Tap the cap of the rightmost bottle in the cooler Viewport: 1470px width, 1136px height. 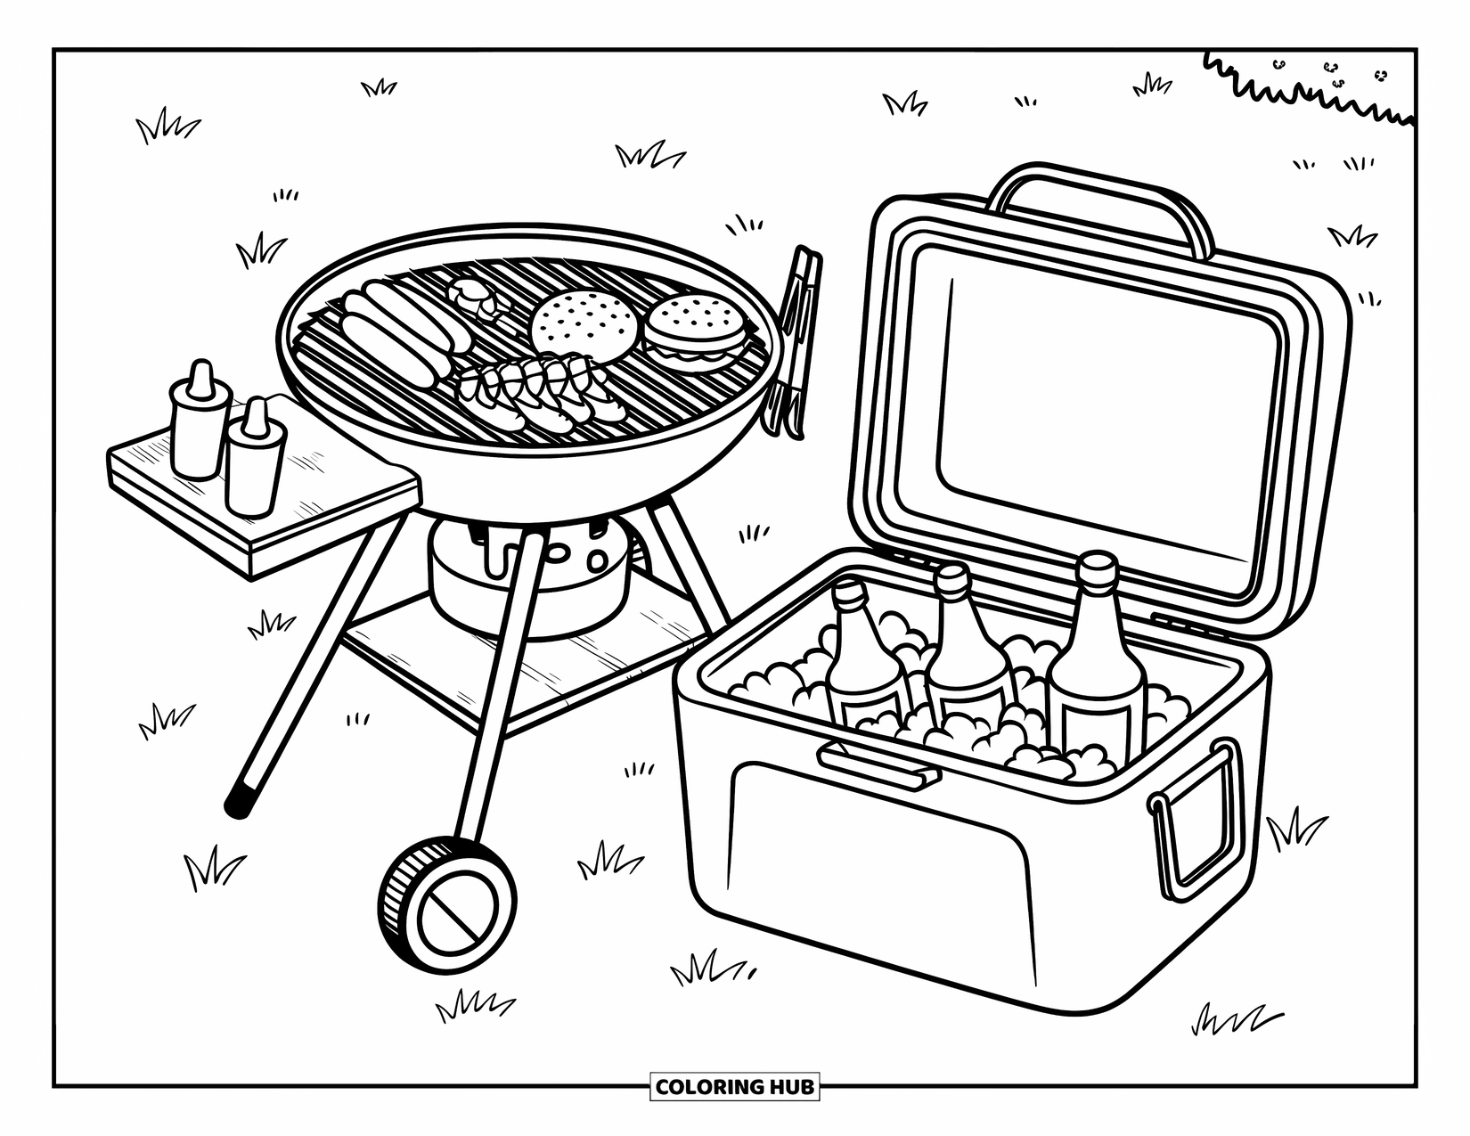(1097, 567)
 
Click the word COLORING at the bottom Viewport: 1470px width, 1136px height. (708, 1087)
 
